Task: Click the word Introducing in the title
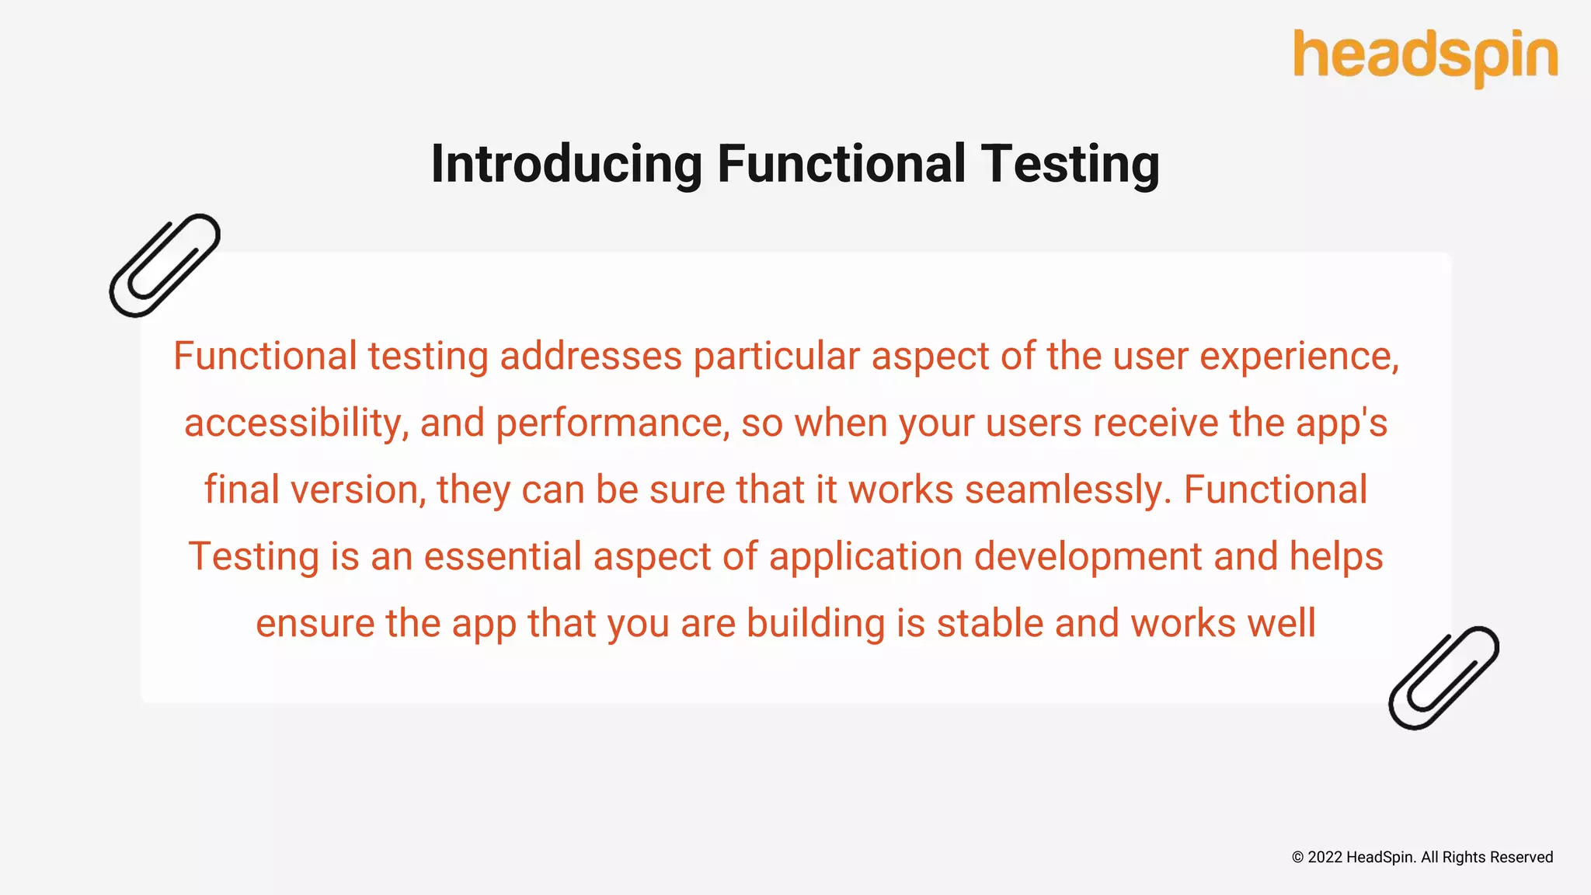tap(566, 164)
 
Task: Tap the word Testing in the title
tap(1070, 164)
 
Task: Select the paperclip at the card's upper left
tap(165, 266)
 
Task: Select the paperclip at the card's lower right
tap(1443, 677)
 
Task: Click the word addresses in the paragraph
tap(590, 357)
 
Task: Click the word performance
tap(612, 423)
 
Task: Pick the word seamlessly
tap(1067, 490)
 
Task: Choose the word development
tap(1088, 557)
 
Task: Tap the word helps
tap(1336, 557)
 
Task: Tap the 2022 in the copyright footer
tap(1325, 857)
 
